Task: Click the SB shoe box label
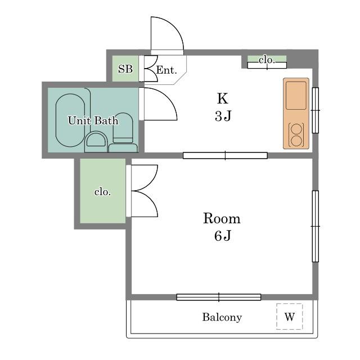click(x=125, y=69)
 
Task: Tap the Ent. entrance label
click(x=166, y=70)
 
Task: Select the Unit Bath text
click(x=93, y=120)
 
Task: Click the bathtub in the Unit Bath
click(x=70, y=120)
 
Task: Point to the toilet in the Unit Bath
click(x=123, y=132)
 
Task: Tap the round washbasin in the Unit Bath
click(x=96, y=141)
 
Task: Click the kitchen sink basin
click(x=296, y=96)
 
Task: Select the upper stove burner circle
click(x=296, y=129)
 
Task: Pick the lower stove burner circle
click(x=296, y=141)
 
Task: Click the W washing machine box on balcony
click(x=290, y=316)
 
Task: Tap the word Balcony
click(x=222, y=317)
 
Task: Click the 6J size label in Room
click(x=223, y=236)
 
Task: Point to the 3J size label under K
click(x=223, y=116)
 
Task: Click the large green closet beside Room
click(x=102, y=191)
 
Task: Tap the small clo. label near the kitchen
click(x=267, y=60)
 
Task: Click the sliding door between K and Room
click(x=225, y=155)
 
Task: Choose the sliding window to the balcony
click(x=219, y=297)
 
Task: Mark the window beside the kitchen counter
click(x=316, y=110)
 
